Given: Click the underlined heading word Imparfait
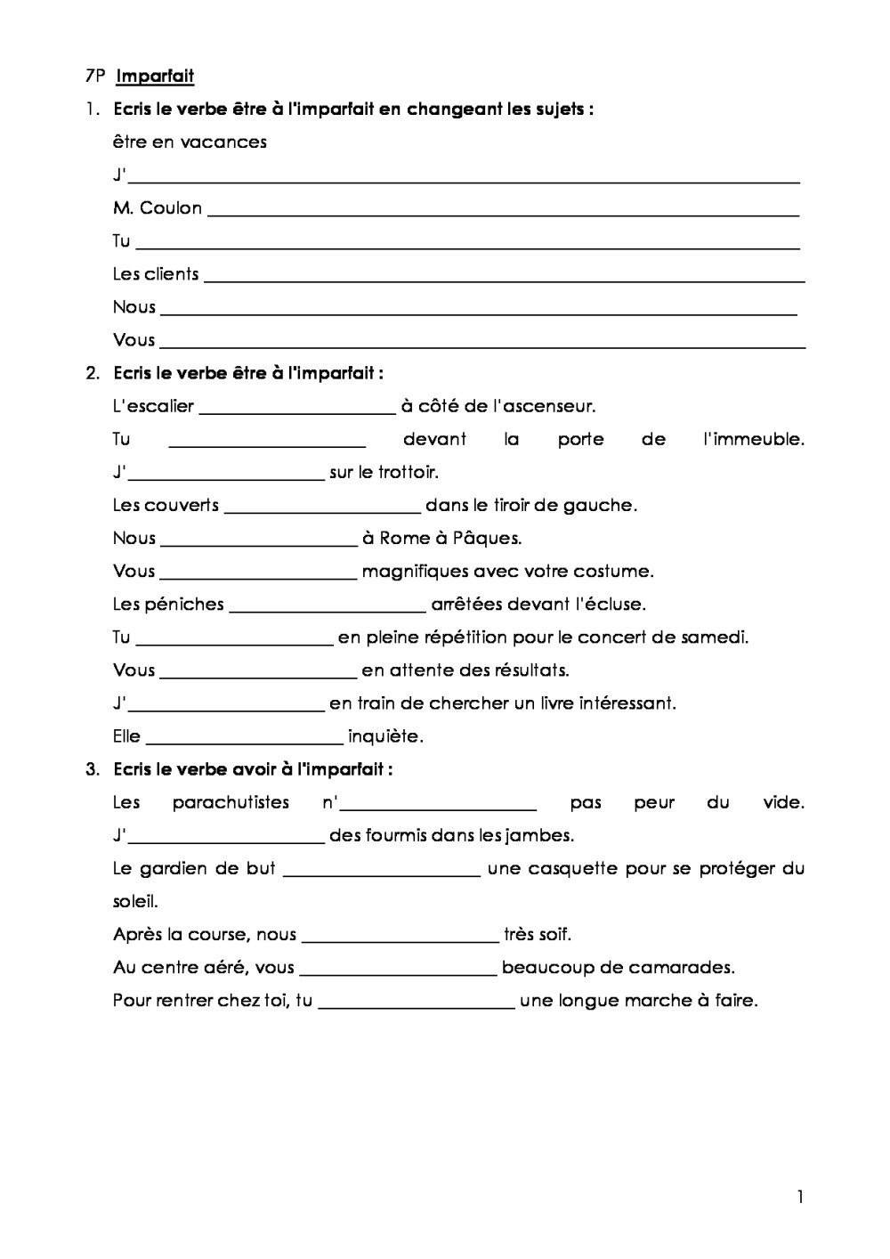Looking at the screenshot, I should [x=155, y=77].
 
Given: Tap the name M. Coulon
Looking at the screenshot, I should [x=158, y=207].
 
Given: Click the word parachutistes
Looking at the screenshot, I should [x=231, y=802].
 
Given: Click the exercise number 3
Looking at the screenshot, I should [x=92, y=769].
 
